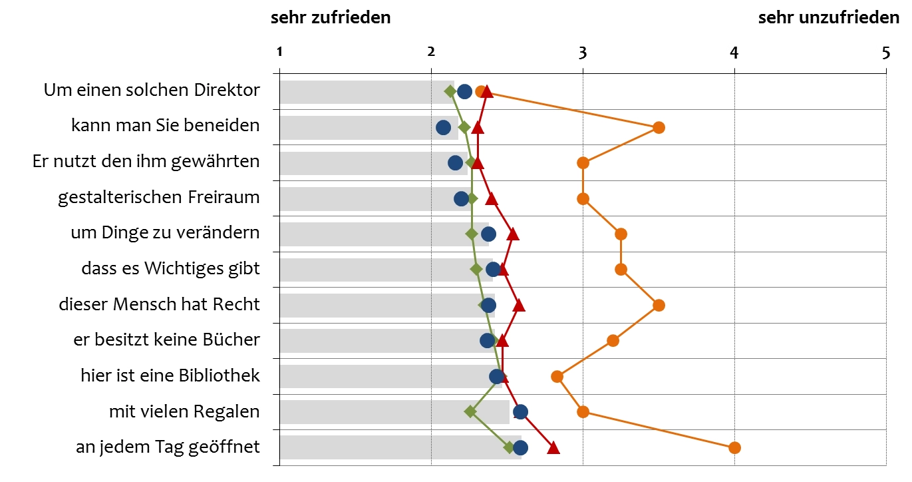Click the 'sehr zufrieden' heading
point(330,18)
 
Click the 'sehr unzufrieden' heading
point(828,18)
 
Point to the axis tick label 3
point(583,53)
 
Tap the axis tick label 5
point(885,53)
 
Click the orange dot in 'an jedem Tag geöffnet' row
point(734,447)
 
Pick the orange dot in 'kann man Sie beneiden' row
point(659,127)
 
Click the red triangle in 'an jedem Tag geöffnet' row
point(553,448)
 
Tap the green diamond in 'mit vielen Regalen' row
point(470,411)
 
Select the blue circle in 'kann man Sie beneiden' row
point(444,127)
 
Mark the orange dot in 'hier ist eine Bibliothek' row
point(557,376)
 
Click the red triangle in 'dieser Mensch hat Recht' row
point(518,306)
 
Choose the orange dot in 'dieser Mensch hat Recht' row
point(659,305)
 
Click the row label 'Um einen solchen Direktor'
point(152,89)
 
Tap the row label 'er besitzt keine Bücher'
point(166,340)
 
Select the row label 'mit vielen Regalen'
point(184,411)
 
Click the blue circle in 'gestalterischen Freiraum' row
point(461,198)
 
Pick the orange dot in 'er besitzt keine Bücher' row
point(613,341)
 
